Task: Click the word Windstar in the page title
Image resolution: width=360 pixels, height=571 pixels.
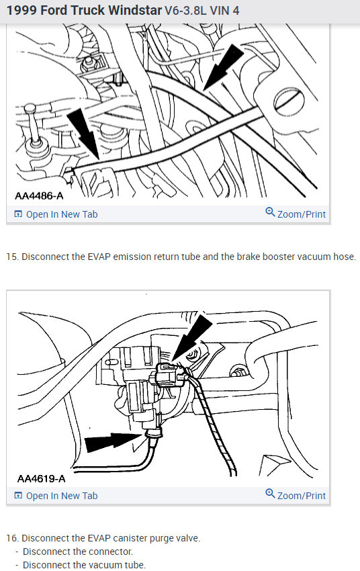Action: (x=135, y=10)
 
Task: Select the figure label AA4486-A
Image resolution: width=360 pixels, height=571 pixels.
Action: (x=39, y=196)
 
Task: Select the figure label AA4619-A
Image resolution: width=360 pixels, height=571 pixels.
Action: (x=41, y=478)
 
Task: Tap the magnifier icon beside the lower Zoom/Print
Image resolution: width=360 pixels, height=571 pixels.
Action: (x=270, y=494)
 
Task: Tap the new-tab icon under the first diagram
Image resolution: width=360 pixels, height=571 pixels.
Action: (x=18, y=214)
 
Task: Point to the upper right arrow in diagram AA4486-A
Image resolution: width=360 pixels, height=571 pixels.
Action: (x=224, y=67)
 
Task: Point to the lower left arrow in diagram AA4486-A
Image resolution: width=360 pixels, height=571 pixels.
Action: (x=83, y=134)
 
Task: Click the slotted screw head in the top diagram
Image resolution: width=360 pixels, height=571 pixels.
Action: (x=291, y=99)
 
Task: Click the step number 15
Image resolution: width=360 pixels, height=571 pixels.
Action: (x=11, y=257)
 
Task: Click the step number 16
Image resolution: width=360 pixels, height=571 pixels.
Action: (x=12, y=538)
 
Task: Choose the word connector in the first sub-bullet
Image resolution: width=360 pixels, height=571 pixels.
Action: (x=114, y=552)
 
